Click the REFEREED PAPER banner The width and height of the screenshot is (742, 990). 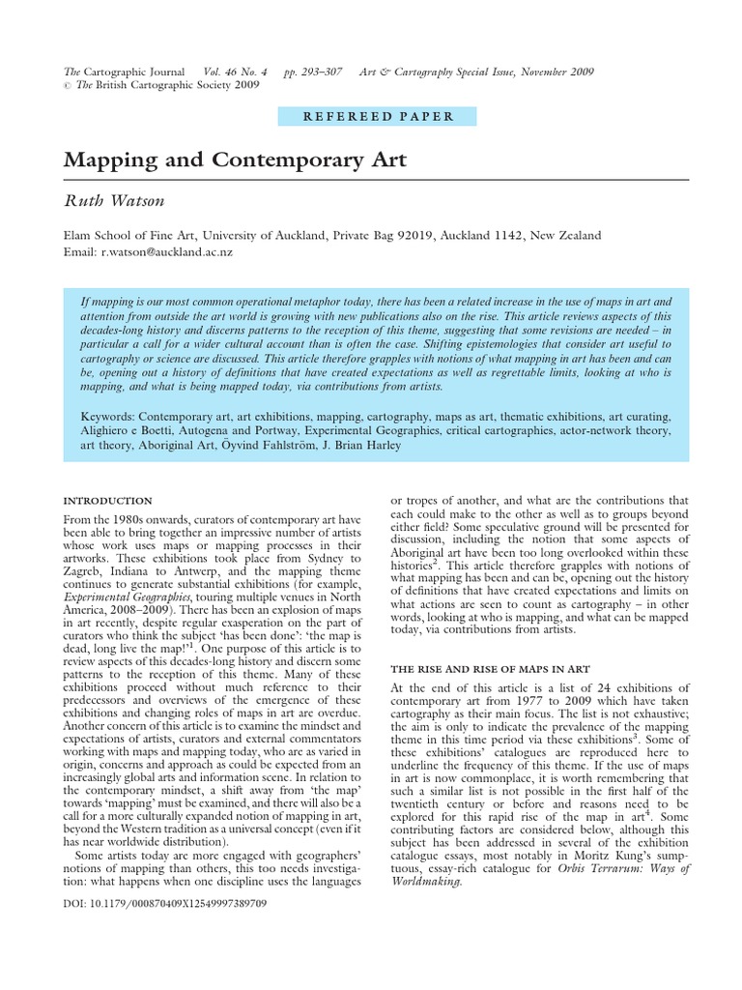(x=379, y=117)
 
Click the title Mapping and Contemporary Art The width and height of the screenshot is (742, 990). (x=235, y=160)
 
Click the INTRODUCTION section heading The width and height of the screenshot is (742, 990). (x=107, y=501)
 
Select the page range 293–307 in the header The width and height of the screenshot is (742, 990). (x=315, y=72)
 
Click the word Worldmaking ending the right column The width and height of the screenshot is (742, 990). (x=428, y=882)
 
